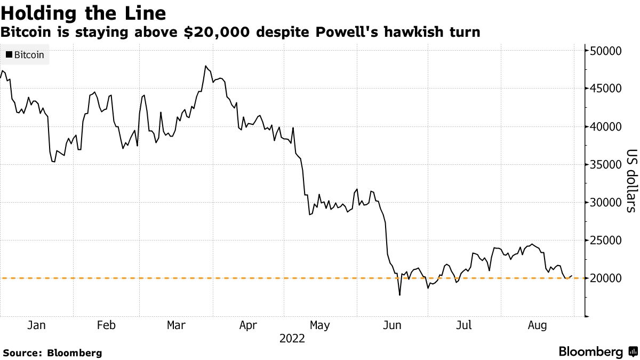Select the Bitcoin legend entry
25,54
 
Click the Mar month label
175,325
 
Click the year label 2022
291,339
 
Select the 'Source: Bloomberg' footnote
52,353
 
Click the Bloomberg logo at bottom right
597,352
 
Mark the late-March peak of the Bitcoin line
205,66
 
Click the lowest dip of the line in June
399,295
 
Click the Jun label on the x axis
393,325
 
